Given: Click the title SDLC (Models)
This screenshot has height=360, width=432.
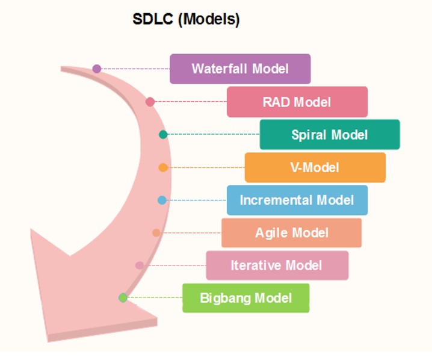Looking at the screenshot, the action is (186, 19).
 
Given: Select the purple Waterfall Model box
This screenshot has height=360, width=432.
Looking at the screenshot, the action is (240, 69).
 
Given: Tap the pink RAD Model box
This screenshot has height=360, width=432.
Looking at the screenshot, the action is (297, 102).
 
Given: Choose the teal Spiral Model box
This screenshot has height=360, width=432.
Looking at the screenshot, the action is (330, 134).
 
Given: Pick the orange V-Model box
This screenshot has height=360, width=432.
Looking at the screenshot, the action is (315, 167).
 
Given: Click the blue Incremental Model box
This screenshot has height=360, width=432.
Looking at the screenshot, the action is (297, 200).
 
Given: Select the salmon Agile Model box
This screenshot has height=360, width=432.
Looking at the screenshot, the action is (291, 232).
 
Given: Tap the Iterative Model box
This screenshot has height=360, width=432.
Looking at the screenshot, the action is (277, 265).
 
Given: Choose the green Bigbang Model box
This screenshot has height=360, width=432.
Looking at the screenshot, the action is (245, 298).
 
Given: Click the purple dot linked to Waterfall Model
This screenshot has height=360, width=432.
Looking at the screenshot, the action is (97, 69).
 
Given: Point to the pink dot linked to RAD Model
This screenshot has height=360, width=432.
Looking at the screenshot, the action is (150, 102).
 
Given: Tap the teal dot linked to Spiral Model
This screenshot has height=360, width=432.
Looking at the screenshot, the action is (163, 134).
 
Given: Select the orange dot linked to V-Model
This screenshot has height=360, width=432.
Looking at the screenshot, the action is (163, 167).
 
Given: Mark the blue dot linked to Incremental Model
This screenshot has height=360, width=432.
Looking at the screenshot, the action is (162, 200).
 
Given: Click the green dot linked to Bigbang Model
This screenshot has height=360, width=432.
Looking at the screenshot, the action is (123, 298).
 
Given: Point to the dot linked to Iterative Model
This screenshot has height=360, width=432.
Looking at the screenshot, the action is (140, 265).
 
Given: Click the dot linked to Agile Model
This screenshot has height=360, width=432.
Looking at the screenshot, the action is (156, 232).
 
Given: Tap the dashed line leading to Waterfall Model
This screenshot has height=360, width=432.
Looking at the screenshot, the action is (135, 69).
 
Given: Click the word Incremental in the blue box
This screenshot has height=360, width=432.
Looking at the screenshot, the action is (276, 200).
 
